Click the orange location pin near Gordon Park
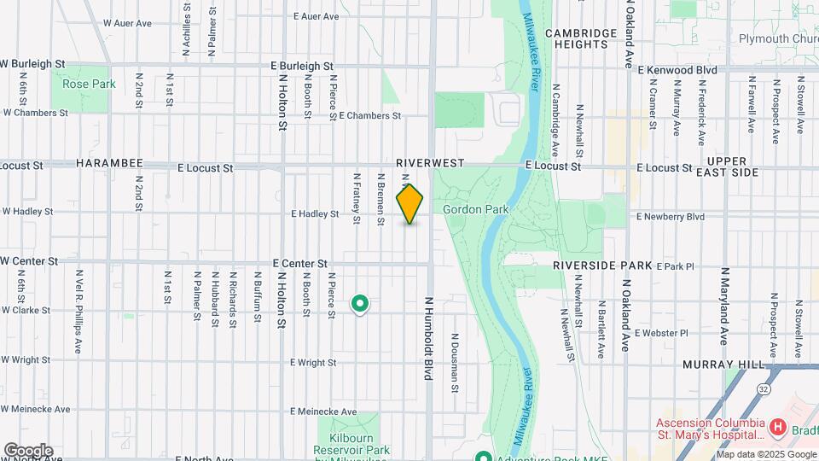[410, 204]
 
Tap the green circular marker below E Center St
[360, 303]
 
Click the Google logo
[27, 451]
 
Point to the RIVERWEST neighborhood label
[430, 162]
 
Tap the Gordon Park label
[475, 209]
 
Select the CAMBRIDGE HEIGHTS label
[581, 38]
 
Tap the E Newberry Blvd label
[671, 217]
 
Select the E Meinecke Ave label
[324, 411]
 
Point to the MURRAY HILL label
[723, 365]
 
